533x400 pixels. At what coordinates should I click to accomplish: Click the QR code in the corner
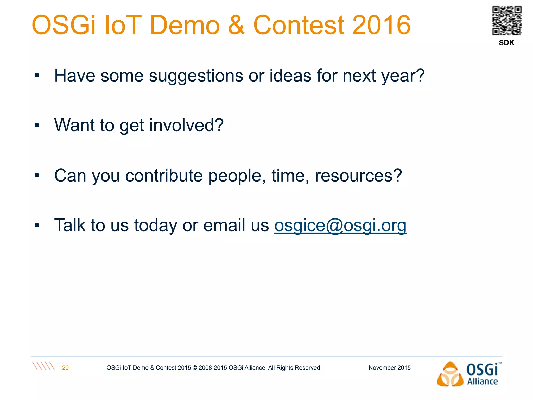[507, 21]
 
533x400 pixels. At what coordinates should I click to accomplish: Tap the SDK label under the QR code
[506, 43]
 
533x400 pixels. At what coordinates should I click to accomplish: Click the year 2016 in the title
[381, 25]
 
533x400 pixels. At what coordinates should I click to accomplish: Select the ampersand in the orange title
[236, 25]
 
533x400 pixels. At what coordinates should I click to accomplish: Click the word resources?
[358, 176]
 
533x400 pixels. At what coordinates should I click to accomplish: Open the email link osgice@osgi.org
[340, 225]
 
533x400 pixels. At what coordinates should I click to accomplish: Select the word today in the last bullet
[155, 225]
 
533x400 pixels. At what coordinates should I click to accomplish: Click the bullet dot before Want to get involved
[37, 126]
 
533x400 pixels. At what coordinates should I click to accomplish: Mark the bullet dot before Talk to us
[37, 226]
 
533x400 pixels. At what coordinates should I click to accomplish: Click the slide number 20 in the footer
[65, 368]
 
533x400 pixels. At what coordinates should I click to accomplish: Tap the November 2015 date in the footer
[389, 368]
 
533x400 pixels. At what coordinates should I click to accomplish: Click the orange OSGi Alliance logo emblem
[450, 374]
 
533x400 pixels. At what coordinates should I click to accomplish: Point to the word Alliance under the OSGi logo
[482, 382]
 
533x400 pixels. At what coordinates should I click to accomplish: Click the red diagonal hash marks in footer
[43, 366]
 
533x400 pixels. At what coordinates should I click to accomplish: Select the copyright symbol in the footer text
[195, 368]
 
